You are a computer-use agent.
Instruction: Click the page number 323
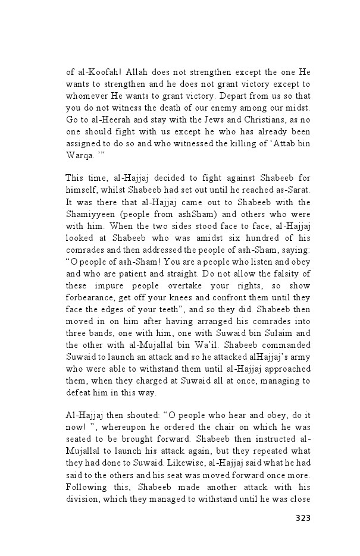[303, 518]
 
